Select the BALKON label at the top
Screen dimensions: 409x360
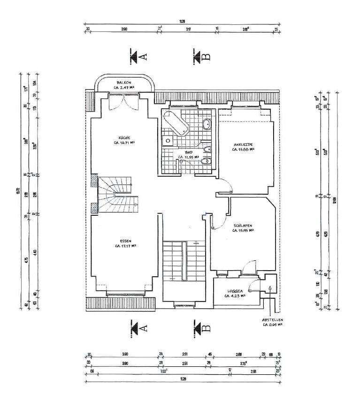[124, 82]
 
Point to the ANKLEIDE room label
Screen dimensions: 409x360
[243, 144]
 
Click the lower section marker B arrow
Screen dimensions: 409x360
[198, 327]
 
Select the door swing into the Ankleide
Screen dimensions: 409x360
[226, 184]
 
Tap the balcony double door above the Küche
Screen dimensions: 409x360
[124, 100]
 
